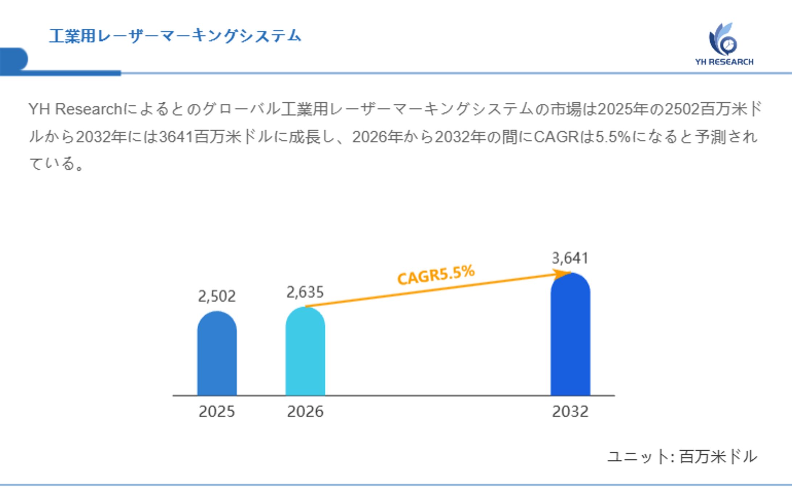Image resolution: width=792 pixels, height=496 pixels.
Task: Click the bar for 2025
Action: (x=217, y=354)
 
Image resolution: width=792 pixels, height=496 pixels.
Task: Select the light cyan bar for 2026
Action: (x=305, y=352)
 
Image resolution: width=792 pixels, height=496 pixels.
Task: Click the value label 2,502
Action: (x=217, y=296)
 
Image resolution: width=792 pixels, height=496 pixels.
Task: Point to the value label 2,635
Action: (x=305, y=292)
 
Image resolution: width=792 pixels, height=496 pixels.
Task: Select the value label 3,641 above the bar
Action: (x=570, y=258)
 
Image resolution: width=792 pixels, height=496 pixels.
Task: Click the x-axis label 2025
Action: (x=217, y=412)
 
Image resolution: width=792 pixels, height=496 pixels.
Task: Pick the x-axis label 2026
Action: (x=305, y=412)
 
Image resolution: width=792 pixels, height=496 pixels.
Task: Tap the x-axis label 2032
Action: (x=570, y=412)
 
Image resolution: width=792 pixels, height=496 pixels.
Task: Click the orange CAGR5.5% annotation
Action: (x=436, y=275)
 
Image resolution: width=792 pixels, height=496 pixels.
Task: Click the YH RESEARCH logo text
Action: (x=724, y=62)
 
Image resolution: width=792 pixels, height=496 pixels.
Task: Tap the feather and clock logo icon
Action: (x=723, y=39)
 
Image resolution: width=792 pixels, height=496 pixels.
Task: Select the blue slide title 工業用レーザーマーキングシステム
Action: (x=175, y=36)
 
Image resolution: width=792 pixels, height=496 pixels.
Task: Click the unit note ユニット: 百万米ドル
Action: (x=682, y=456)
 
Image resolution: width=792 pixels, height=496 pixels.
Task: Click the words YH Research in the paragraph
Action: (x=75, y=109)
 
